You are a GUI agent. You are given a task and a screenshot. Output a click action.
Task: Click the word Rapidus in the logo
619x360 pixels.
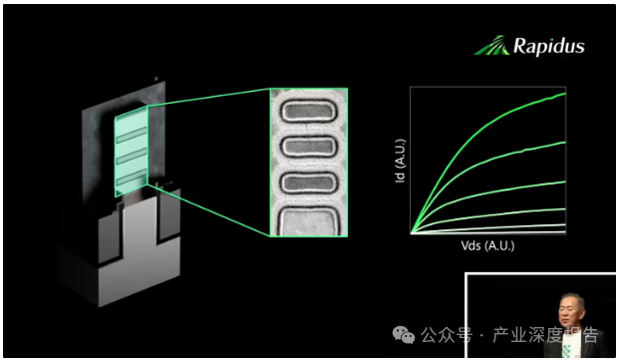(x=549, y=47)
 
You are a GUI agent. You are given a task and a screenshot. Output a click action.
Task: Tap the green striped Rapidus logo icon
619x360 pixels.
(x=491, y=46)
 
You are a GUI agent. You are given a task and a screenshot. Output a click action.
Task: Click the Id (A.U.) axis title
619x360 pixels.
(x=400, y=161)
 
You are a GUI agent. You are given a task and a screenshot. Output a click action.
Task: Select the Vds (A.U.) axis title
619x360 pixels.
(x=487, y=246)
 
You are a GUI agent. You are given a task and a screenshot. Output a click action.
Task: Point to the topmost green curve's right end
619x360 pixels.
(x=565, y=94)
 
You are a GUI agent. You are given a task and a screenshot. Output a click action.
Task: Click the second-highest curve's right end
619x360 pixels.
(x=565, y=142)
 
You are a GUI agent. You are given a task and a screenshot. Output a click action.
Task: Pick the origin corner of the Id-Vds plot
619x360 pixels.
(x=411, y=233)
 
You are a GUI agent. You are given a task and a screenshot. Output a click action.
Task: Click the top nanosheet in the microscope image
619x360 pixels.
(x=309, y=111)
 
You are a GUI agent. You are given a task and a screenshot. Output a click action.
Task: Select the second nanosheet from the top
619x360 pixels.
(x=309, y=147)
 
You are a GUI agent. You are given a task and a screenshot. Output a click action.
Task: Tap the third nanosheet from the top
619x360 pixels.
(x=309, y=183)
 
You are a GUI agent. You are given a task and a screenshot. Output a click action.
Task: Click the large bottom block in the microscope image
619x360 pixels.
(x=308, y=221)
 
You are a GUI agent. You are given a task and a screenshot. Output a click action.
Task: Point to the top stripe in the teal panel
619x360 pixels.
(x=132, y=135)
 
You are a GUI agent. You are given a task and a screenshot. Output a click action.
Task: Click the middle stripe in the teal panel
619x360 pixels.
(x=132, y=157)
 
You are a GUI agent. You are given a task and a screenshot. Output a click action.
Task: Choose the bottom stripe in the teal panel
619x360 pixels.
(x=132, y=178)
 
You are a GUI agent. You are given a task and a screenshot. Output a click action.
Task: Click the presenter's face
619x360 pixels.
(x=568, y=310)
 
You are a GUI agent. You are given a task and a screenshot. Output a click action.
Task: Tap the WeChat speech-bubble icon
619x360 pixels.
(x=404, y=335)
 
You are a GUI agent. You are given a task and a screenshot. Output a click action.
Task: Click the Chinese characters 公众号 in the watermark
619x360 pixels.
(x=447, y=335)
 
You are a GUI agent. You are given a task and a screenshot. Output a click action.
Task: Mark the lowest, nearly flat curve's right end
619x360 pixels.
(x=565, y=231)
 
